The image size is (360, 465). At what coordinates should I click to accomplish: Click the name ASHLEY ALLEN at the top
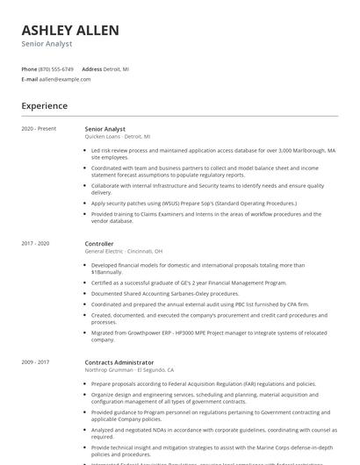[x=70, y=30]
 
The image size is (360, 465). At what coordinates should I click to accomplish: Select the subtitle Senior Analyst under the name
[x=47, y=44]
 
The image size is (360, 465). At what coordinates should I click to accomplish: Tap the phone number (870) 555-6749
[x=57, y=68]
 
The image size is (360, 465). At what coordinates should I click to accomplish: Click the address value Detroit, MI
[x=116, y=68]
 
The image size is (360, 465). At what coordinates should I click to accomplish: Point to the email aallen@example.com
[x=64, y=79]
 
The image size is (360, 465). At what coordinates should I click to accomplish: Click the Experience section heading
[x=44, y=106]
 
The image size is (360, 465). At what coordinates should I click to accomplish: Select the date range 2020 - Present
[x=39, y=129]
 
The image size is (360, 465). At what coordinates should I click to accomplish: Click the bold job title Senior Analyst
[x=104, y=129]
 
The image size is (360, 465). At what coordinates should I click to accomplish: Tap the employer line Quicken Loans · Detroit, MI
[x=117, y=137]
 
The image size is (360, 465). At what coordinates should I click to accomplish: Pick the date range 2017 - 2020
[x=35, y=243]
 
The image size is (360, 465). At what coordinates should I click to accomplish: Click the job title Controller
[x=99, y=243]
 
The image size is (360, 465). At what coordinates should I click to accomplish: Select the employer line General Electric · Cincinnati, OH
[x=123, y=251]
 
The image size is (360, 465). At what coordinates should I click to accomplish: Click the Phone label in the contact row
[x=29, y=68]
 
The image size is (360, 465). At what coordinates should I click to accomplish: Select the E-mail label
[x=30, y=79]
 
